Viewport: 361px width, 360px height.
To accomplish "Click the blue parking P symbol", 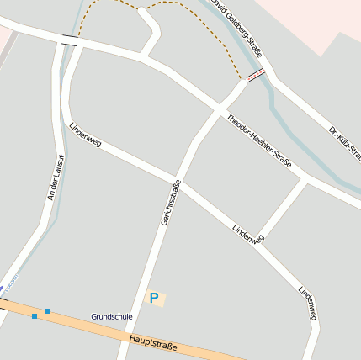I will point(153,297).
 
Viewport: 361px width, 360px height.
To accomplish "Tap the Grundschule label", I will point(112,316).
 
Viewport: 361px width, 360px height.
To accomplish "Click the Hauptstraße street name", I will point(154,341).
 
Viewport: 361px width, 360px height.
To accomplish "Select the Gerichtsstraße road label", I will point(171,203).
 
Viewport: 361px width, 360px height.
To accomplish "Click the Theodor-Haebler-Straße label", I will point(259,140).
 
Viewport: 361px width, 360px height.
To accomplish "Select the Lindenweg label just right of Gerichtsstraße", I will point(248,233).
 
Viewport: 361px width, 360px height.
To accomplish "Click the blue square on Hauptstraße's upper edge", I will point(47,311).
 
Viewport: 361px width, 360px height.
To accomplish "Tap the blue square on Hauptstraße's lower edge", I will point(34,316).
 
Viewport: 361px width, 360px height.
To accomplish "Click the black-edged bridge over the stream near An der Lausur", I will point(70,40).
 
